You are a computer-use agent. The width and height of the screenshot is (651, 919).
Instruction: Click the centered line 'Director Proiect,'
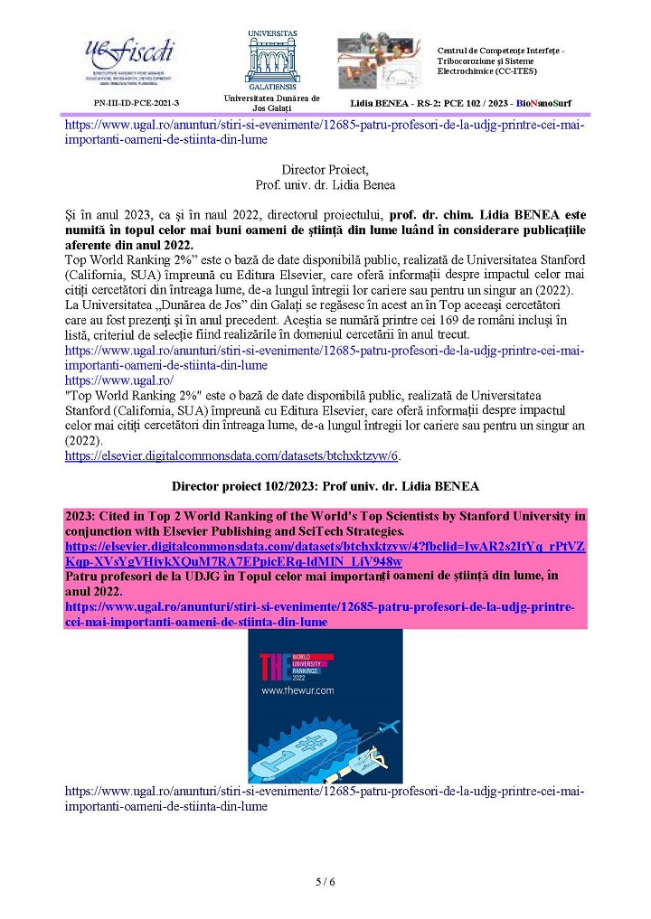click(325, 170)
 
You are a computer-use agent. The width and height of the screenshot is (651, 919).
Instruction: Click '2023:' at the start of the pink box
click(82, 515)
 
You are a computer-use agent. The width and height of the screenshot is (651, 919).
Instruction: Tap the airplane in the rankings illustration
click(382, 727)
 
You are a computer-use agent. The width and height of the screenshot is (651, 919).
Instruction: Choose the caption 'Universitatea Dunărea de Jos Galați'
click(272, 103)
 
